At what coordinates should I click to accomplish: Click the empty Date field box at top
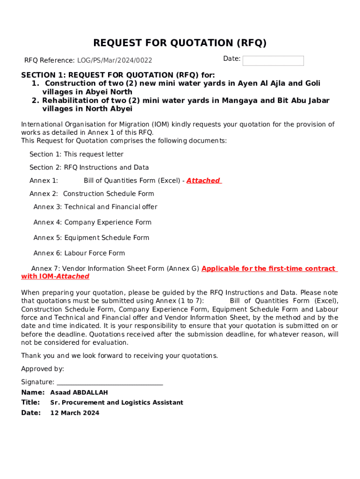click(x=273, y=61)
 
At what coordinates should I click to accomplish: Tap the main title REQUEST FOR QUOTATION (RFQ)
click(x=180, y=43)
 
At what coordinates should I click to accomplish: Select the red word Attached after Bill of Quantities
click(x=203, y=181)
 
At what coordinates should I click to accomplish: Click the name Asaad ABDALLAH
click(x=79, y=392)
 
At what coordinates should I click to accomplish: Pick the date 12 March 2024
click(x=75, y=413)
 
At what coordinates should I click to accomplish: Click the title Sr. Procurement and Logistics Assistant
click(x=117, y=403)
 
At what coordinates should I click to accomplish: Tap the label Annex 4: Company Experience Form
click(x=93, y=222)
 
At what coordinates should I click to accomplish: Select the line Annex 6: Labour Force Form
click(x=79, y=253)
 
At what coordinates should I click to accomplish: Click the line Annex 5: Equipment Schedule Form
click(x=91, y=238)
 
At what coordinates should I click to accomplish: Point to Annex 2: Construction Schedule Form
click(x=92, y=194)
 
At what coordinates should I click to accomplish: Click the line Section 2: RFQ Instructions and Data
click(x=89, y=167)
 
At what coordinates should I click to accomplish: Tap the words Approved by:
click(x=43, y=369)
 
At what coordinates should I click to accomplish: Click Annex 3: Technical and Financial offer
click(x=95, y=207)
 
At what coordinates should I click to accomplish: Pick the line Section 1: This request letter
click(x=76, y=154)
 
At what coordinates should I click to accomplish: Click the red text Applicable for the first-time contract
click(x=268, y=269)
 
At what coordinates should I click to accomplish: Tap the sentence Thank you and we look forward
click(x=119, y=356)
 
